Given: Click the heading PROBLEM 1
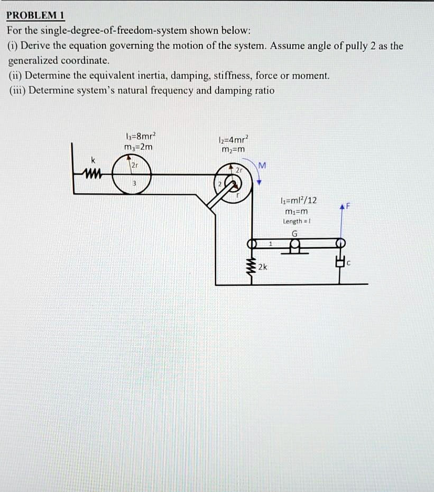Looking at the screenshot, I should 35,15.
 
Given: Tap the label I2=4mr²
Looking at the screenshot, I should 232,140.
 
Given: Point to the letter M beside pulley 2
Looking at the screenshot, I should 262,165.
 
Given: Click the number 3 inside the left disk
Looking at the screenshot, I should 134,183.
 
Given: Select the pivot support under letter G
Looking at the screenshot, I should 295,248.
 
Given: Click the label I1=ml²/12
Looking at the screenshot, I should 299,201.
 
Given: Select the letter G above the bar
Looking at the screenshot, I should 294,233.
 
